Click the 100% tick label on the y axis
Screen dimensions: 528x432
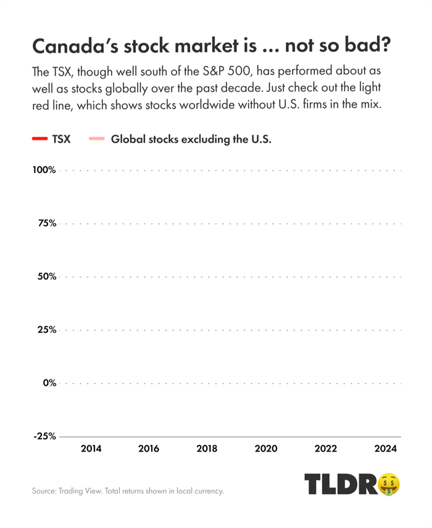coord(44,170)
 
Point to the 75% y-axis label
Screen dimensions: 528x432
coord(46,223)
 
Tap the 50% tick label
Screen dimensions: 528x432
coord(46,276)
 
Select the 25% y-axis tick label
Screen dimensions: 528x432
coord(46,329)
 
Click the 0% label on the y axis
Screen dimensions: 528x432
coord(49,383)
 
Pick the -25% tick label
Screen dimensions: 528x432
coord(44,436)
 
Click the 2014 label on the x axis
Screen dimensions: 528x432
coord(91,448)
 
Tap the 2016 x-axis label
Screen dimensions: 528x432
coord(149,448)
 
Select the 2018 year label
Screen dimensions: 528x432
coord(207,448)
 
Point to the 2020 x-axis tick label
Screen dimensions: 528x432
coord(265,448)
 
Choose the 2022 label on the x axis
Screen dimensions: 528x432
coord(326,448)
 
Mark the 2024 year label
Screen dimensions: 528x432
coord(385,448)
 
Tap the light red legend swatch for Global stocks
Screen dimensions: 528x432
coord(97,139)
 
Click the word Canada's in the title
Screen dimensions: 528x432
coord(72,47)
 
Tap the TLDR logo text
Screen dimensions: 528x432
coord(339,485)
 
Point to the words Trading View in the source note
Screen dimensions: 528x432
coord(83,492)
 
